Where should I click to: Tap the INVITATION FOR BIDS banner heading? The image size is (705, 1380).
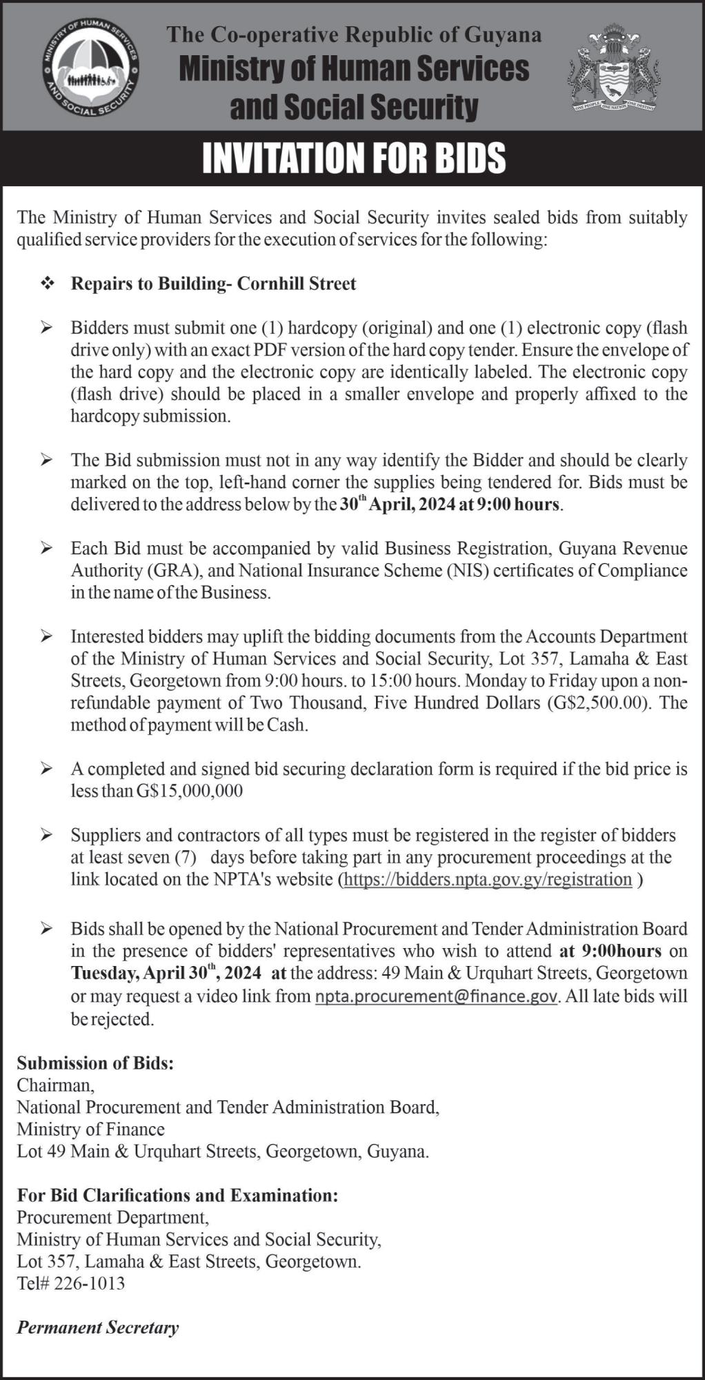point(353,158)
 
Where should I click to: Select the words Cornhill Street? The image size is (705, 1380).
point(297,284)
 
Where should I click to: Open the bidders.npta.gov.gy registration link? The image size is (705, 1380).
point(488,879)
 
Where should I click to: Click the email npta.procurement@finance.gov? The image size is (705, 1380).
point(435,996)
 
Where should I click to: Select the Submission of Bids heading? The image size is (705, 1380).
point(95,1063)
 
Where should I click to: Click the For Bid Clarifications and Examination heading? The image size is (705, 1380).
point(177,1195)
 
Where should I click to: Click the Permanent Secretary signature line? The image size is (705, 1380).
point(98,1328)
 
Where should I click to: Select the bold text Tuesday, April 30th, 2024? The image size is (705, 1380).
point(166,973)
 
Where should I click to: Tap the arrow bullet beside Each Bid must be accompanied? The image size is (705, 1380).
point(47,549)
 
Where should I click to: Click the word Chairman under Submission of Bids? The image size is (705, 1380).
point(54,1085)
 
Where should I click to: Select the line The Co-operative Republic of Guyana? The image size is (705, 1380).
point(354,34)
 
